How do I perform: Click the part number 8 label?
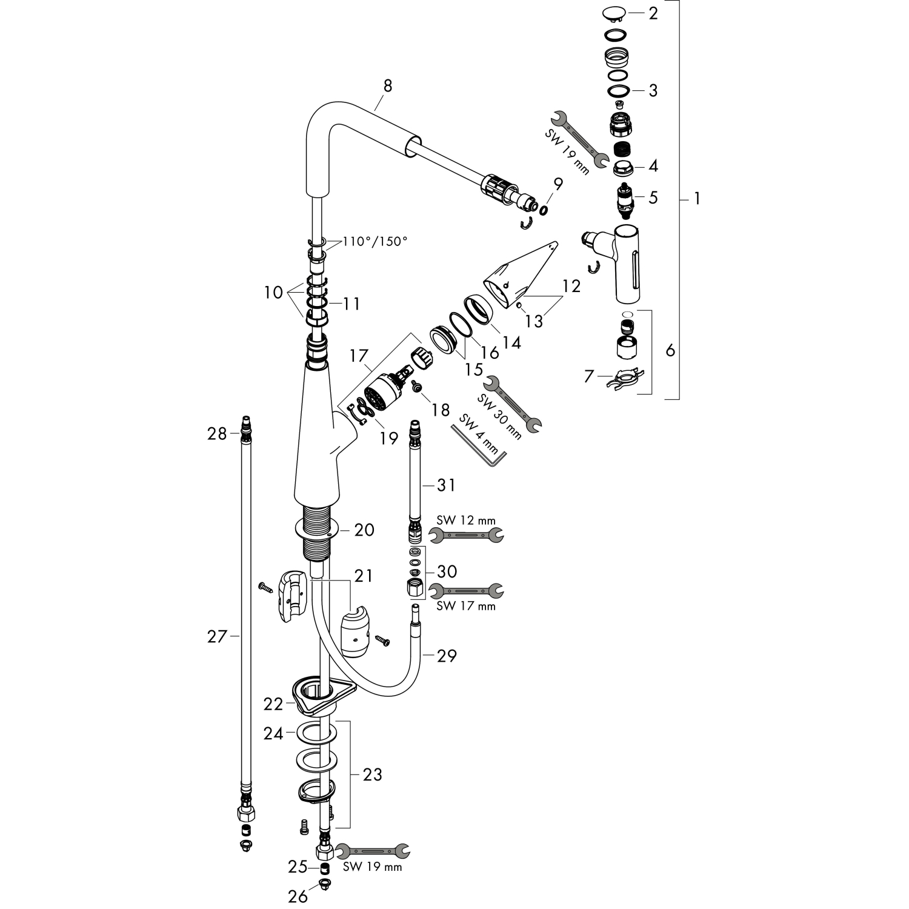pyautogui.click(x=387, y=86)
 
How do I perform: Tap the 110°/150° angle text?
pyautogui.click(x=375, y=241)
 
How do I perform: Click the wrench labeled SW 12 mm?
pyautogui.click(x=466, y=534)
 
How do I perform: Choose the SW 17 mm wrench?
pyautogui.click(x=466, y=590)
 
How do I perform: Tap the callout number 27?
pyautogui.click(x=216, y=636)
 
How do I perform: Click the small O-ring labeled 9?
pyautogui.click(x=543, y=209)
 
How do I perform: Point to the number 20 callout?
pyautogui.click(x=364, y=530)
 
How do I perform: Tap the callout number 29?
pyautogui.click(x=447, y=655)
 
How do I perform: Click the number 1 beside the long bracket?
pyautogui.click(x=697, y=198)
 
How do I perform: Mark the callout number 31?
pyautogui.click(x=447, y=485)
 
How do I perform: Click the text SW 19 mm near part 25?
pyautogui.click(x=372, y=867)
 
